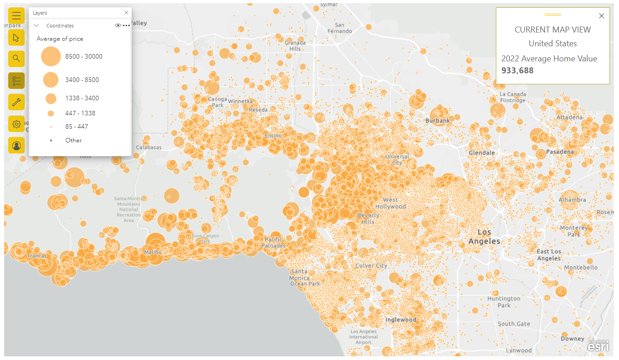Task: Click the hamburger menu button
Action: pyautogui.click(x=16, y=16)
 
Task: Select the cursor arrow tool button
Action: pyautogui.click(x=16, y=37)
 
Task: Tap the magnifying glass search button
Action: pyautogui.click(x=16, y=58)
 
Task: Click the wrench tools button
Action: pyautogui.click(x=16, y=102)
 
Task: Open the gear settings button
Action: pyautogui.click(x=16, y=124)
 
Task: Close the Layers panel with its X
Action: pyautogui.click(x=126, y=13)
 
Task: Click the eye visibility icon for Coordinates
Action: pyautogui.click(x=118, y=26)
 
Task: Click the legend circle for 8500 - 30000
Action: pyautogui.click(x=51, y=57)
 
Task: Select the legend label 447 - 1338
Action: pyautogui.click(x=80, y=113)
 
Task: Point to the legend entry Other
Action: pyautogui.click(x=73, y=140)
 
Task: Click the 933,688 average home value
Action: pyautogui.click(x=517, y=71)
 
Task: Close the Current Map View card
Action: pyautogui.click(x=602, y=16)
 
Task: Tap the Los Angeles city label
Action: pyautogui.click(x=484, y=236)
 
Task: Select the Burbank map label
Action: pyautogui.click(x=437, y=121)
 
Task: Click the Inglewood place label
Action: pyautogui.click(x=401, y=320)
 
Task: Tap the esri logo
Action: pyautogui.click(x=598, y=347)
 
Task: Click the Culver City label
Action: pyautogui.click(x=371, y=266)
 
